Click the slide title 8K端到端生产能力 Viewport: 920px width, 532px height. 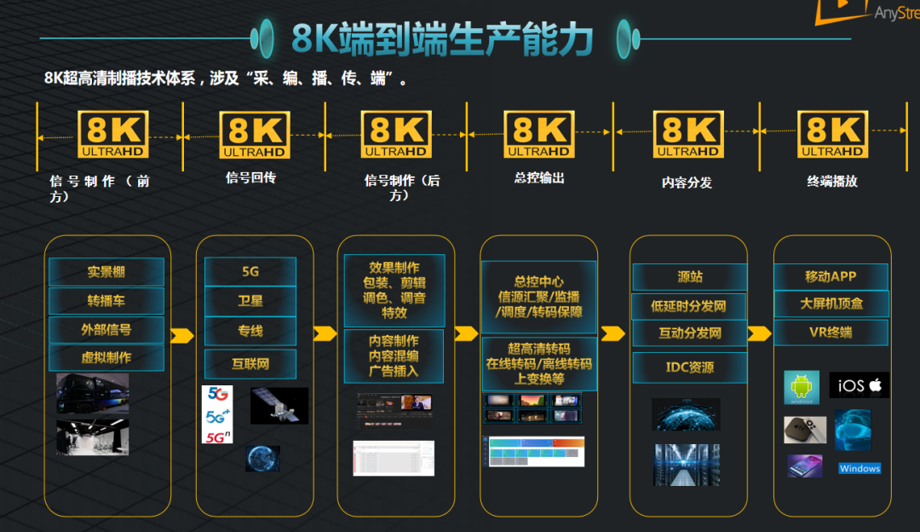[442, 38]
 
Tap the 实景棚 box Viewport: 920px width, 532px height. [106, 272]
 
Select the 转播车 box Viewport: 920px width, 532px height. [106, 301]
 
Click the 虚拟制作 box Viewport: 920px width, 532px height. [106, 357]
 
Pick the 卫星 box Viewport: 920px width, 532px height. [250, 301]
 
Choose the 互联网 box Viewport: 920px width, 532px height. [250, 364]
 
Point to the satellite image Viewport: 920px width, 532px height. [279, 406]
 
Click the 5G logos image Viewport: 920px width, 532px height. [217, 414]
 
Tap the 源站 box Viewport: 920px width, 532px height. [689, 277]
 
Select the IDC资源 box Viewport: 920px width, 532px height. [689, 367]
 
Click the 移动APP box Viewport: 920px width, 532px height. [831, 276]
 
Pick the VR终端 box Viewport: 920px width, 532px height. [831, 332]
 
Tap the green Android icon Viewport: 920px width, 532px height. [801, 387]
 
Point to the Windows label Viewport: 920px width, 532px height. [860, 469]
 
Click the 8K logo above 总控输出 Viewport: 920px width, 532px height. [539, 134]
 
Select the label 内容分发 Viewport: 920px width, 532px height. [687, 182]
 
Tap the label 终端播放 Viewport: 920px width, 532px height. [831, 181]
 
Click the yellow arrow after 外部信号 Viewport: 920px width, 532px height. [182, 335]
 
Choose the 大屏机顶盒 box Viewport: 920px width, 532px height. [831, 304]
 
